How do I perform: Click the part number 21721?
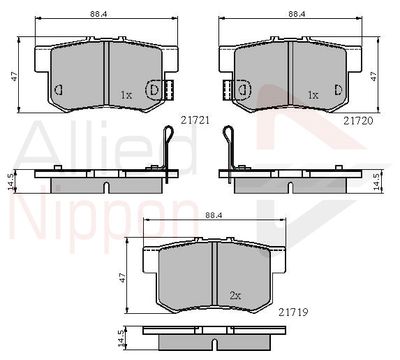pos(195,120)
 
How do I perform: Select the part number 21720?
pos(358,121)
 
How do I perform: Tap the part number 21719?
pos(293,312)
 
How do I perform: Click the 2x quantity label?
pos(235,295)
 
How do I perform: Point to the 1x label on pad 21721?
pos(126,95)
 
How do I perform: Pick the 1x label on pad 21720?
pos(313,95)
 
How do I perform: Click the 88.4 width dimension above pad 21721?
pos(96,14)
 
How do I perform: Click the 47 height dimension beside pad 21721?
pos(14,76)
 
